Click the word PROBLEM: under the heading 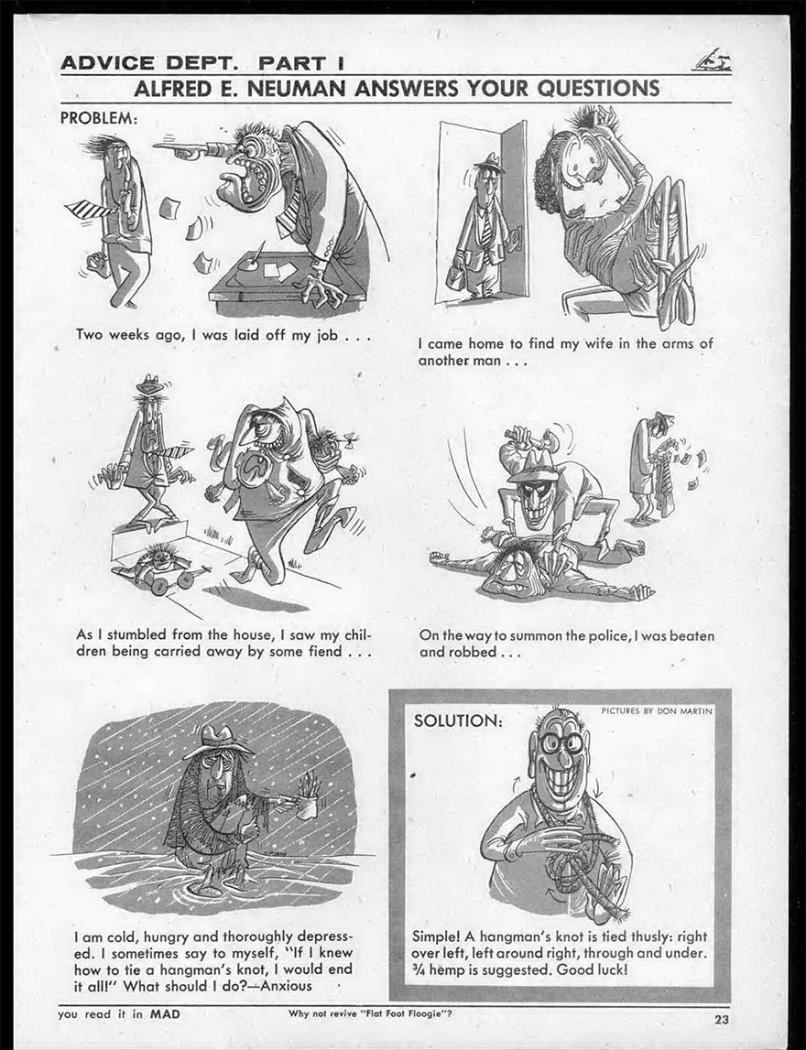[x=99, y=118]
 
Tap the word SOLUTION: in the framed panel [x=458, y=721]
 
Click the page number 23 [x=722, y=1020]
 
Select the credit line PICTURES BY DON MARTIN [x=657, y=710]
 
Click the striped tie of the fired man [x=91, y=210]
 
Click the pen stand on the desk [x=249, y=260]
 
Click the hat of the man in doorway [x=489, y=163]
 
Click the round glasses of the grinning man [x=562, y=742]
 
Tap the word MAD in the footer [x=165, y=1013]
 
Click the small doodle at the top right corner [x=712, y=61]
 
